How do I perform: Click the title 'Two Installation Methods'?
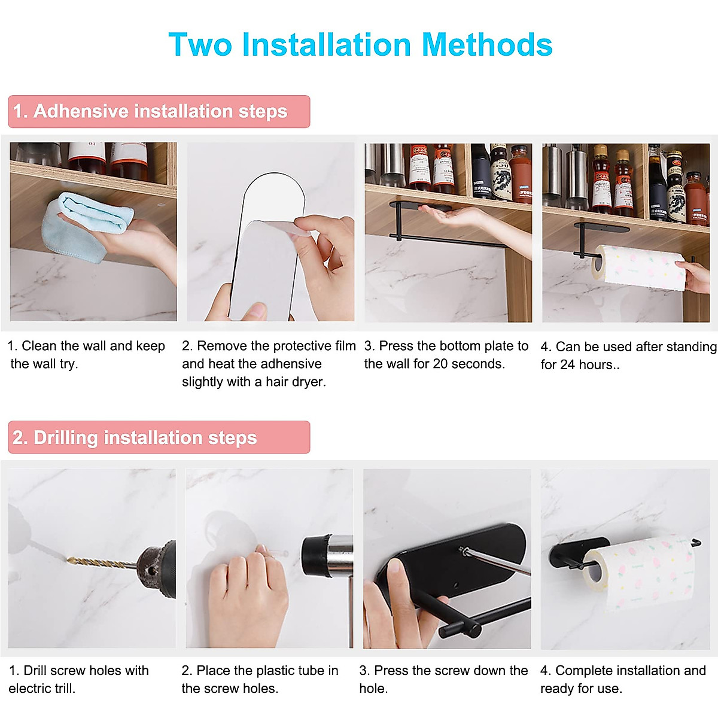pyautogui.click(x=360, y=45)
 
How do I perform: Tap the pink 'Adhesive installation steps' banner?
pyautogui.click(x=159, y=111)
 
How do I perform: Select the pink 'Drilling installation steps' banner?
pyautogui.click(x=159, y=437)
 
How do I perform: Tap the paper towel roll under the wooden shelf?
pyautogui.click(x=637, y=267)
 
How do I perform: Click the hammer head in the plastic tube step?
pyautogui.click(x=326, y=556)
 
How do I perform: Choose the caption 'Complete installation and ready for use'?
pyautogui.click(x=622, y=679)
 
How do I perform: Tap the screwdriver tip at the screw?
pyautogui.click(x=463, y=549)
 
